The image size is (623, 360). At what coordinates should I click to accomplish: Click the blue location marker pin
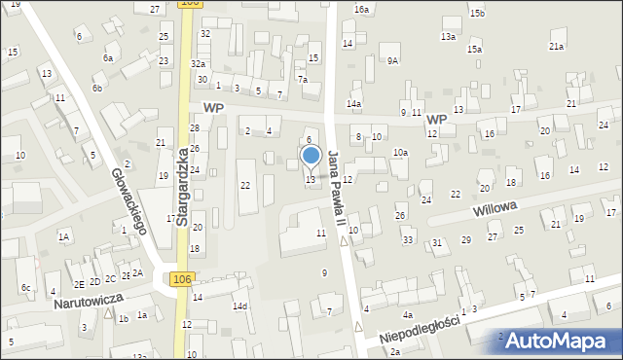pos(311,156)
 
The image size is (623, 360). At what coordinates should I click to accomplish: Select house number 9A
pos(392,60)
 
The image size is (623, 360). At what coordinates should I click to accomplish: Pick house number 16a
pos(362,9)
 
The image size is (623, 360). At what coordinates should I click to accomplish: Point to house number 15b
pos(476,13)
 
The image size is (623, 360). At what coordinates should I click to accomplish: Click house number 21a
pos(556,46)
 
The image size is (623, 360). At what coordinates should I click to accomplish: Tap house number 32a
pos(198,63)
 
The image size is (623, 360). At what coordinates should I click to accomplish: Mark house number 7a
pos(303,79)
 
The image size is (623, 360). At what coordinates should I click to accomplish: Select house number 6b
pos(96,89)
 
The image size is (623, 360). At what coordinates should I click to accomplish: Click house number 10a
pos(399,153)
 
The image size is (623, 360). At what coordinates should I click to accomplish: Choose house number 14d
pos(239,306)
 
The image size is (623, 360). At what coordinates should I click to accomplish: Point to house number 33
pos(408,239)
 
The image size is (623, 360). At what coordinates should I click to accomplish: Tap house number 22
pos(245,185)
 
